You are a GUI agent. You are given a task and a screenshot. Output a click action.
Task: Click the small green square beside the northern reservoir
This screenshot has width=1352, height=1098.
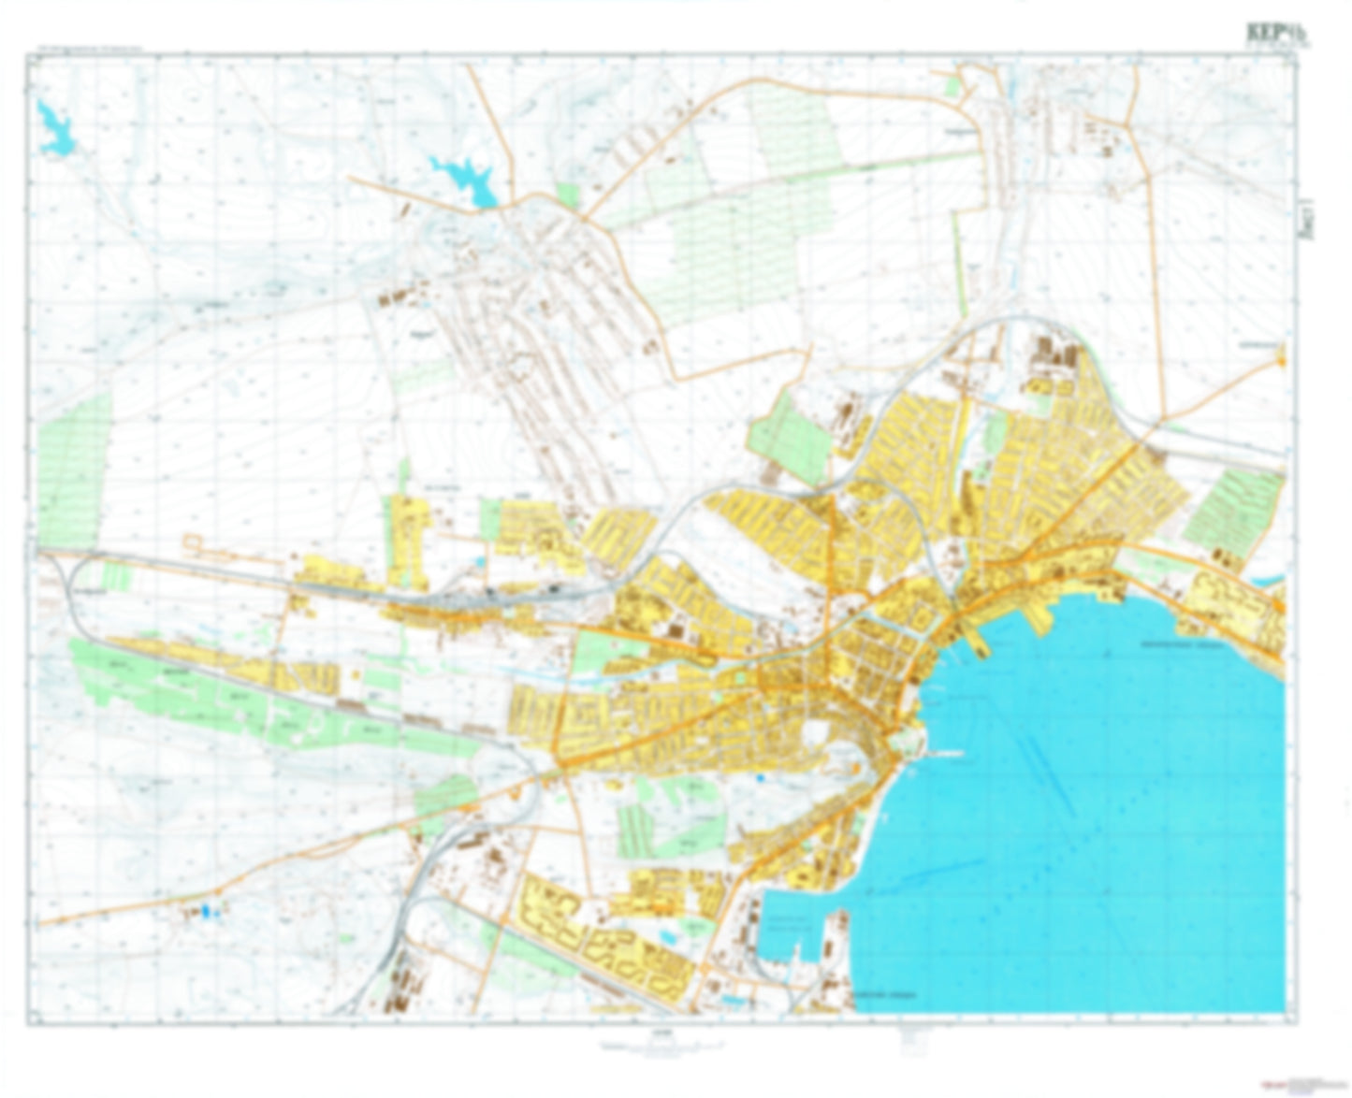click(567, 195)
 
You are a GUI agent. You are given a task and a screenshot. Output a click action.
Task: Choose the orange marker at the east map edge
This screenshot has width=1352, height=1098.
click(1281, 354)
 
